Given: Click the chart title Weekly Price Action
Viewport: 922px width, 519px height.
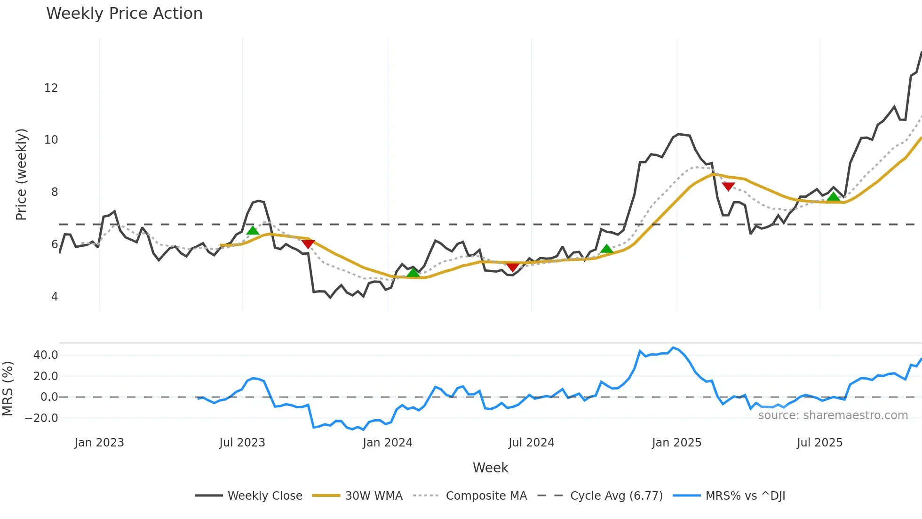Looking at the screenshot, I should click(x=124, y=14).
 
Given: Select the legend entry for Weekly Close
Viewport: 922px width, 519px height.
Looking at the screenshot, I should click(x=264, y=495).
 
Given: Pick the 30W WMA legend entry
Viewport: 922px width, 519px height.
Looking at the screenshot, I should click(x=374, y=495).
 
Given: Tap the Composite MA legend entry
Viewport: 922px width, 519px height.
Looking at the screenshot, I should click(x=486, y=495).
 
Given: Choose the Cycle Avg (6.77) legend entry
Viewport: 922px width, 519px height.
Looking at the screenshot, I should click(x=616, y=495).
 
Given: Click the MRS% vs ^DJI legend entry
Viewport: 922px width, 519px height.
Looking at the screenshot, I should click(x=745, y=495).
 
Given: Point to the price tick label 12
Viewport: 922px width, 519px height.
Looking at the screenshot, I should click(x=51, y=88).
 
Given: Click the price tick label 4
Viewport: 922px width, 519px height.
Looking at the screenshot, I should click(x=55, y=297).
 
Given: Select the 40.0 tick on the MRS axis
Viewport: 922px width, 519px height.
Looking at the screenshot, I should click(x=46, y=355).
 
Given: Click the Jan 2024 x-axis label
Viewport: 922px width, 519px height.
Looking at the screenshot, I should click(x=388, y=443).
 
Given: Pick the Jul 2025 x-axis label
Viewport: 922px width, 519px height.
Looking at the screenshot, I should click(x=819, y=443).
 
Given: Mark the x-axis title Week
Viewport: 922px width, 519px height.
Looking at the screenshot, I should click(x=490, y=468).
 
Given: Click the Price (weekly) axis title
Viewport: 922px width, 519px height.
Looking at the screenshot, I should click(x=21, y=174).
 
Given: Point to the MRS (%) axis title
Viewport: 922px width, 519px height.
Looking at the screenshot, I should click(x=8, y=389).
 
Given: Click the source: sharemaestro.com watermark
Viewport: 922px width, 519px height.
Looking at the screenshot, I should click(x=833, y=415).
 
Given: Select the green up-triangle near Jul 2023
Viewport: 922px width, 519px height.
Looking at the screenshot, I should click(x=253, y=230).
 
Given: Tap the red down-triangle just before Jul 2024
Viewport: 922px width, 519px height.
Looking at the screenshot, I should click(x=513, y=268).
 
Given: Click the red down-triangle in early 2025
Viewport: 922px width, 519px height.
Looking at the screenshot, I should click(x=728, y=187).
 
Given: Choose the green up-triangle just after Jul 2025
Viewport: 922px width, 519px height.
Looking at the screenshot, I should click(x=833, y=196).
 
